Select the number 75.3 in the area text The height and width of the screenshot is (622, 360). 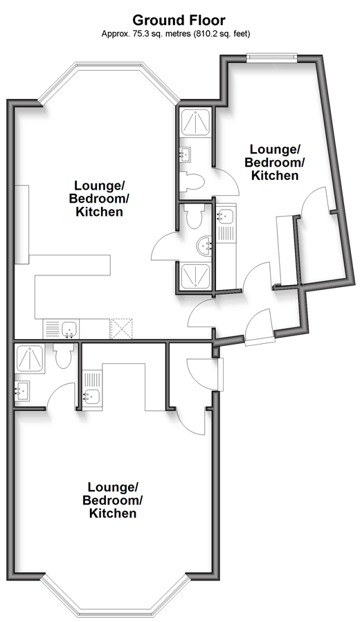[137, 34]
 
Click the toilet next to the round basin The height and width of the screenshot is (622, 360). [195, 217]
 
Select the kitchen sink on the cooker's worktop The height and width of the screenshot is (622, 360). [70, 329]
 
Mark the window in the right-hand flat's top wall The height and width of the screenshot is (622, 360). [271, 57]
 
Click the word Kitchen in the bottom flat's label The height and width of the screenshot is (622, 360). [113, 513]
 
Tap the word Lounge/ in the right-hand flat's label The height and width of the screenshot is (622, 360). [274, 149]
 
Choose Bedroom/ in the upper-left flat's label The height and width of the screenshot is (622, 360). [99, 199]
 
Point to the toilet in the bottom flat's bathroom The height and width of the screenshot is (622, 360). [63, 355]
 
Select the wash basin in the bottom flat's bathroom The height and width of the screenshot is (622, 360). [22, 390]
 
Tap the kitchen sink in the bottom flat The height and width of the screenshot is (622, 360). [91, 396]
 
